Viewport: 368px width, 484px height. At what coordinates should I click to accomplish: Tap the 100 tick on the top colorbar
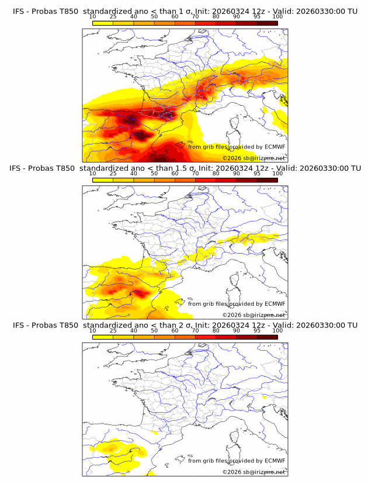pyautogui.click(x=277, y=17)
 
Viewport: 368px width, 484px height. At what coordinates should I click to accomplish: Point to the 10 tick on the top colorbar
pyautogui.click(x=93, y=17)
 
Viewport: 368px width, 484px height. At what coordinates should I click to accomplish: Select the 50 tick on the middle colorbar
pyautogui.click(x=154, y=174)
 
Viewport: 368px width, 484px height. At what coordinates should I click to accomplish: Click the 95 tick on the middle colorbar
pyautogui.click(x=257, y=174)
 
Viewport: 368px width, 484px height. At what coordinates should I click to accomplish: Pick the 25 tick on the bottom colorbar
pyautogui.click(x=113, y=331)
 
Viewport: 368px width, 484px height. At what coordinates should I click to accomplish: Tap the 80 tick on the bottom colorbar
pyautogui.click(x=216, y=331)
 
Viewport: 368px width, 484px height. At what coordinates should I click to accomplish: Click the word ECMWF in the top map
pyautogui.click(x=274, y=147)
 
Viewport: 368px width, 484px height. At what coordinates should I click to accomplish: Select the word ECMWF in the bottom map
pyautogui.click(x=274, y=461)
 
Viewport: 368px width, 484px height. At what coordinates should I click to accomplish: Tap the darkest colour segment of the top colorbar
pyautogui.click(x=267, y=23)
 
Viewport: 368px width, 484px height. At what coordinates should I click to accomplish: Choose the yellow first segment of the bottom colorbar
pyautogui.click(x=103, y=337)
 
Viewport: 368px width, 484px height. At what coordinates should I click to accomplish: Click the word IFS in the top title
pyautogui.click(x=19, y=11)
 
